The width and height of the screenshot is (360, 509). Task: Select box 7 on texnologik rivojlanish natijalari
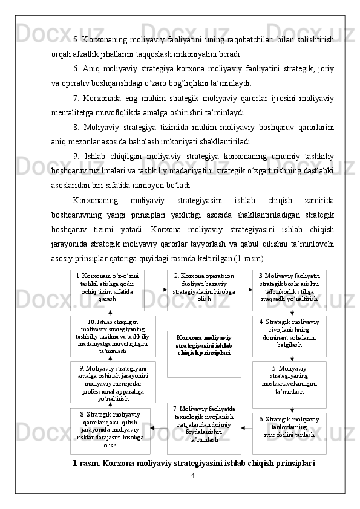coord(204,428)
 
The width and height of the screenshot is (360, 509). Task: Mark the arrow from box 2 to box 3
coord(246,290)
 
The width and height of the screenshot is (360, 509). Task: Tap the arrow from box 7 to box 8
coord(159,428)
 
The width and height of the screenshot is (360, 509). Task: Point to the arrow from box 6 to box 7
coord(246,428)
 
